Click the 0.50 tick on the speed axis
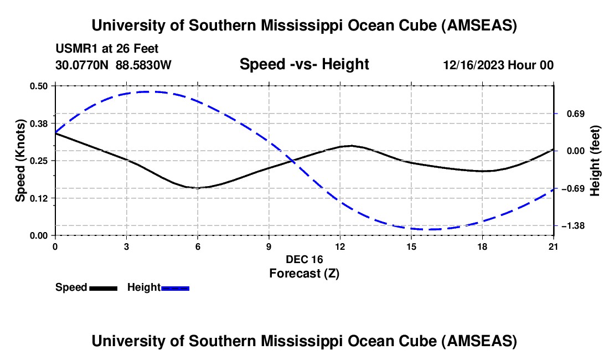(x=39, y=86)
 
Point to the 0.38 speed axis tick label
(x=39, y=124)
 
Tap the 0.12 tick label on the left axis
(x=39, y=198)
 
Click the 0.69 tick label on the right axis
(x=572, y=114)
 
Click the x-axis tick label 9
(x=269, y=246)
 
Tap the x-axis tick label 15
(x=411, y=246)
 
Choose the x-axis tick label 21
(x=554, y=246)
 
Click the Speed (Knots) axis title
(x=20, y=161)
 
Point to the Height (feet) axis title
(x=595, y=161)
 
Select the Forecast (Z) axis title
(x=304, y=273)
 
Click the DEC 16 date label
(x=304, y=259)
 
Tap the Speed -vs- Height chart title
(x=304, y=64)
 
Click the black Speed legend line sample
(x=103, y=287)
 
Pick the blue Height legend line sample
(x=176, y=287)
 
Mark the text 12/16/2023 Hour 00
(x=498, y=65)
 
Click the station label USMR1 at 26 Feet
(x=107, y=49)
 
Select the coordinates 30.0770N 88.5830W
(x=113, y=65)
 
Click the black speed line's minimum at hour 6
(x=198, y=188)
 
